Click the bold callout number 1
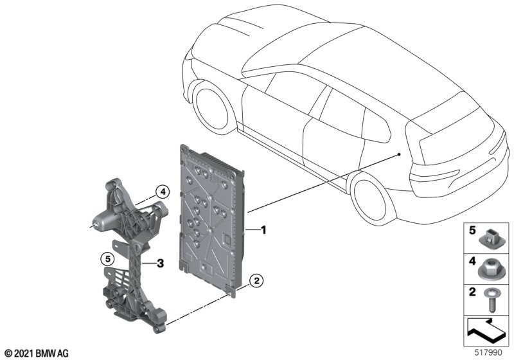tap(263, 230)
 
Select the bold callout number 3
tap(160, 263)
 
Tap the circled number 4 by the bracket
tap(163, 192)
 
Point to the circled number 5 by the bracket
tap(107, 259)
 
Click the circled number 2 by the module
tap(256, 281)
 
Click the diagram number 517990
tap(488, 353)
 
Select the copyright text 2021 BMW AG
tap(37, 354)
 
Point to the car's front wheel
tap(211, 109)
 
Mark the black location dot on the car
tap(399, 154)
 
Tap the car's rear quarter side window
tap(377, 126)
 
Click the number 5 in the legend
tap(472, 231)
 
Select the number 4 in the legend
tap(472, 261)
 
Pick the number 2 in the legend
tap(472, 291)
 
